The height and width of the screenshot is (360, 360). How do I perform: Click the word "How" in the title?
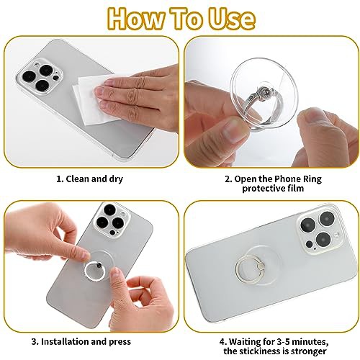click(x=136, y=19)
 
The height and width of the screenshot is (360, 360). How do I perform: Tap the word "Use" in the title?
click(x=231, y=19)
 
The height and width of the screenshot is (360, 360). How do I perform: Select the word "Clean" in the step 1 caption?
click(x=78, y=179)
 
